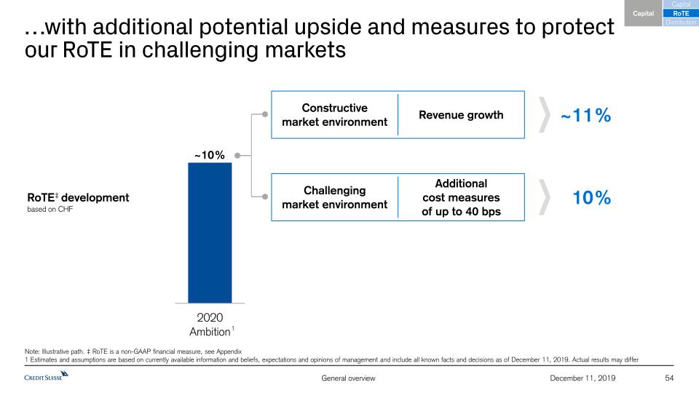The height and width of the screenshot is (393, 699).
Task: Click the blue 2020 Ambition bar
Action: (x=210, y=232)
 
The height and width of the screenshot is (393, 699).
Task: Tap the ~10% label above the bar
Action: (x=209, y=155)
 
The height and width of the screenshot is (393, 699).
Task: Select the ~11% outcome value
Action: (x=585, y=116)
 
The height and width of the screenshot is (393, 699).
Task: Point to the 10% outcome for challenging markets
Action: (x=591, y=197)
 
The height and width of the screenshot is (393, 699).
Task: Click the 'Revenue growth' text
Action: (x=461, y=115)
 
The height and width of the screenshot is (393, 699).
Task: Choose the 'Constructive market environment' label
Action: (x=334, y=115)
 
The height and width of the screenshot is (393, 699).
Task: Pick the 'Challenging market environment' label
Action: (x=334, y=197)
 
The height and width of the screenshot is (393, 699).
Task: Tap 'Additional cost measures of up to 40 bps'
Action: (x=461, y=198)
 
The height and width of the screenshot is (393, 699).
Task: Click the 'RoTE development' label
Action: (x=77, y=197)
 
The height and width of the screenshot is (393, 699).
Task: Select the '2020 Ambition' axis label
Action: (x=210, y=325)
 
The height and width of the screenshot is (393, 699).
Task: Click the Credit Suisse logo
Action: (x=46, y=376)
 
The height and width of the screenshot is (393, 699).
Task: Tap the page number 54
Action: (x=671, y=378)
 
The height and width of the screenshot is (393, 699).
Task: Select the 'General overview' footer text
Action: (x=349, y=378)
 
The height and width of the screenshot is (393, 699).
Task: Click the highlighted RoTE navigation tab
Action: (x=681, y=13)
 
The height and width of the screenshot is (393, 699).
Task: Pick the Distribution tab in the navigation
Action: (x=681, y=23)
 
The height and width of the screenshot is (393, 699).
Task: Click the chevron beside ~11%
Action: (x=543, y=116)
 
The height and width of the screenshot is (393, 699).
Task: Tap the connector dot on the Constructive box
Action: (x=265, y=114)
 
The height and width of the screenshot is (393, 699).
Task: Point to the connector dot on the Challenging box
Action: (x=265, y=196)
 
